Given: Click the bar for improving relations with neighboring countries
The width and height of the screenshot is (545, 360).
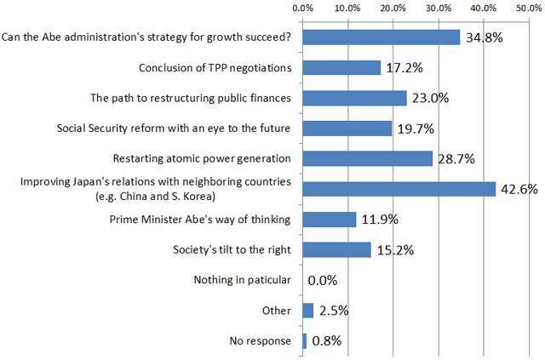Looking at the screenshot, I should click(x=399, y=189).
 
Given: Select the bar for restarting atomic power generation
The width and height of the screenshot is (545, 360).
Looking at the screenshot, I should click(x=367, y=158).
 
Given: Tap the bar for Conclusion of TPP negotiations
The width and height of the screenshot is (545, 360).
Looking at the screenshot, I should click(x=341, y=67).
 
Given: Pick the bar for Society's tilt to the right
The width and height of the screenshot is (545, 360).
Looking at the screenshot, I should click(x=336, y=249).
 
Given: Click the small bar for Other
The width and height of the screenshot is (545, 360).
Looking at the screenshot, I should click(x=307, y=311).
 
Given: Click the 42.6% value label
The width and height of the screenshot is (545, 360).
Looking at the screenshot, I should click(x=519, y=190).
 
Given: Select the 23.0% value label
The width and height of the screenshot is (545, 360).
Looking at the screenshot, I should click(x=429, y=99).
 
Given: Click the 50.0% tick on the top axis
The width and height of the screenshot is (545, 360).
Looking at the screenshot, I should click(x=529, y=8).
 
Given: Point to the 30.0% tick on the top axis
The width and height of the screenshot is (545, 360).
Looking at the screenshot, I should click(x=438, y=8).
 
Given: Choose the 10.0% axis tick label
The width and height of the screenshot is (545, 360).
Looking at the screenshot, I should click(x=347, y=8).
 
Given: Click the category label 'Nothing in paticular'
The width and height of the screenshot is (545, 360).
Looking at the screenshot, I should click(x=243, y=280).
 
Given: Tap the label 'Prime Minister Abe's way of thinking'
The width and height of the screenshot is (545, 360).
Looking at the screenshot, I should click(x=201, y=219).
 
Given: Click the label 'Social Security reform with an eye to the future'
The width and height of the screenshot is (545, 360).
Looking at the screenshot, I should click(x=174, y=128).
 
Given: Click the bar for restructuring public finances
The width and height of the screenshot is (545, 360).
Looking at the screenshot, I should click(x=354, y=98).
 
